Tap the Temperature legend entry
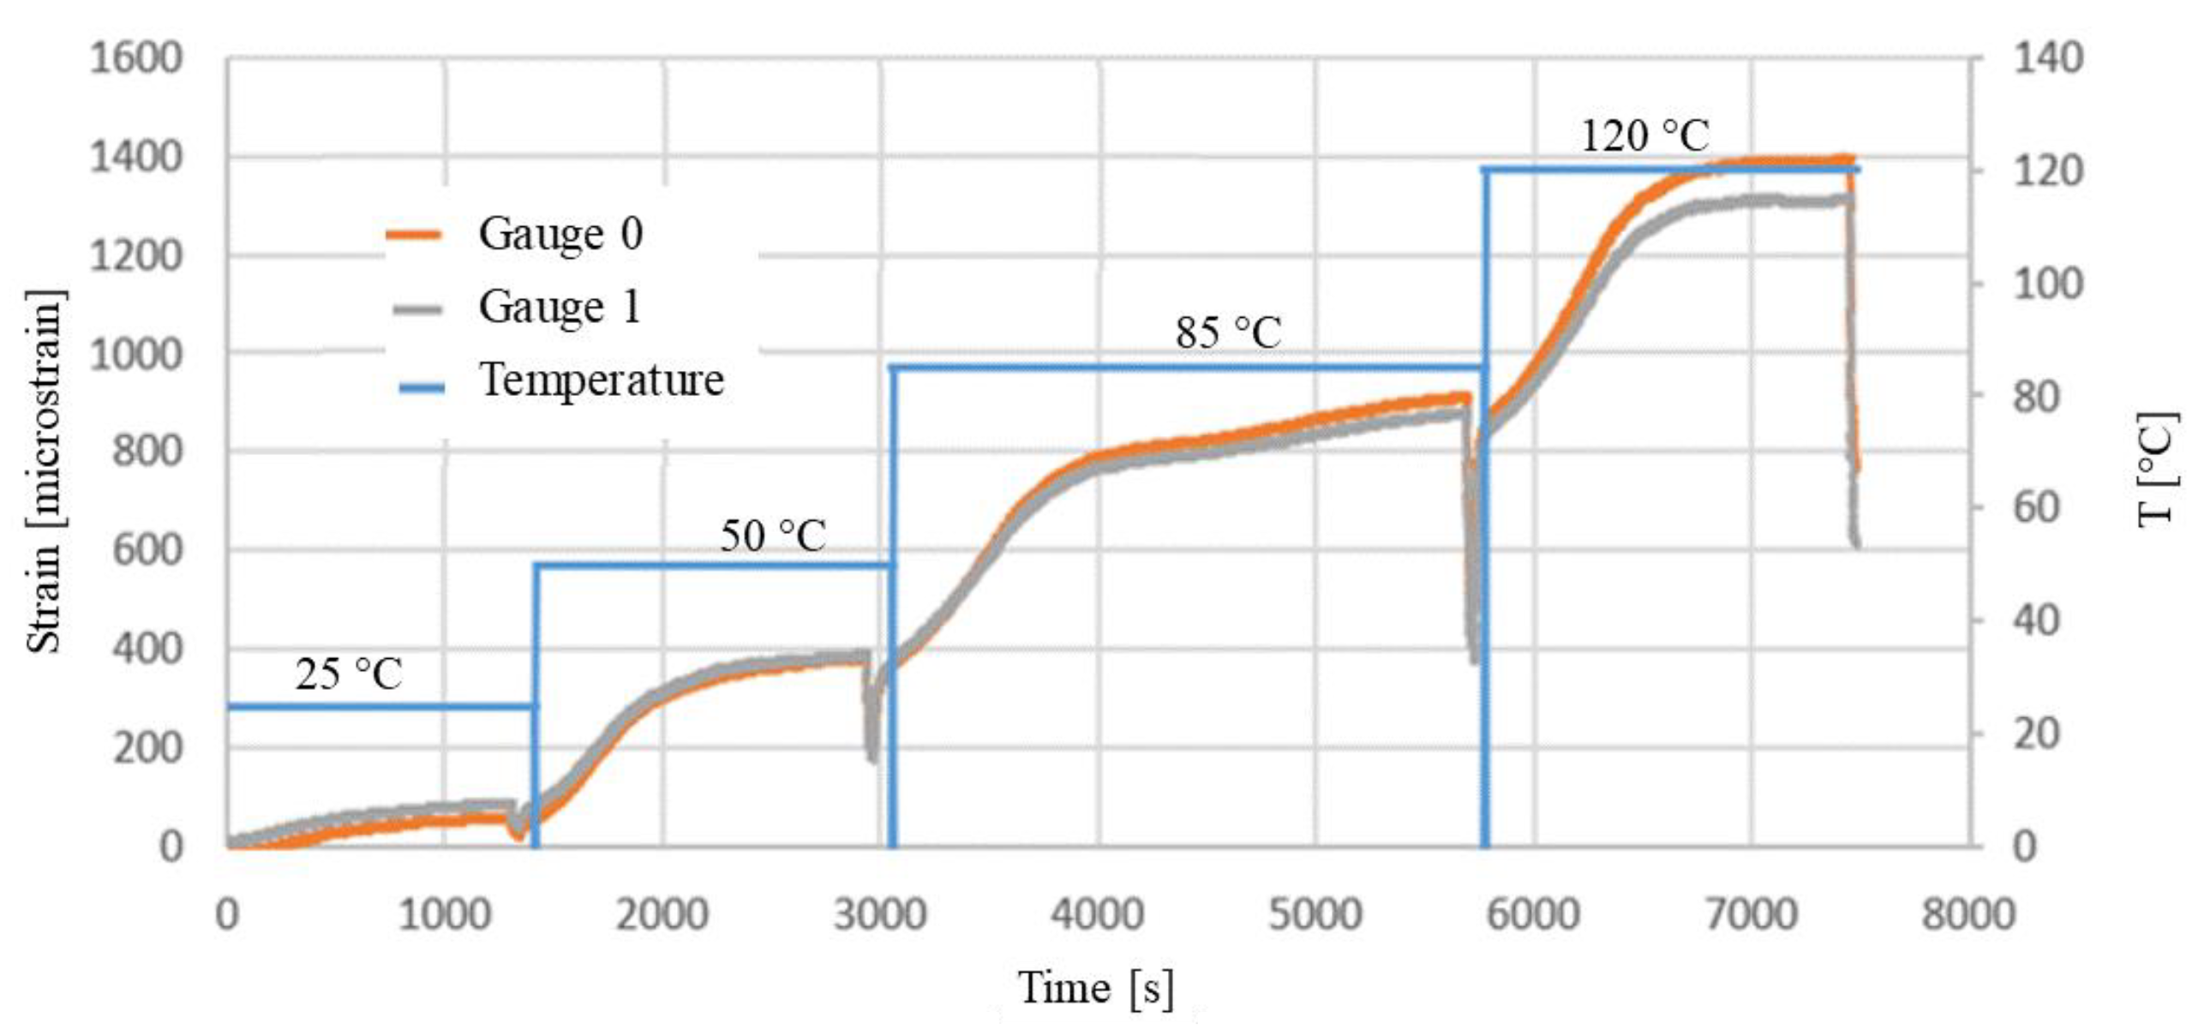click(601, 380)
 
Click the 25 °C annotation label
click(349, 674)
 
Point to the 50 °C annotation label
click(773, 536)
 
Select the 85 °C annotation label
click(1228, 332)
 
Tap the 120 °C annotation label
click(1644, 136)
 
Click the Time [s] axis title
click(1095, 988)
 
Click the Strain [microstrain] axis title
click(45, 471)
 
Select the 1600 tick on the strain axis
click(137, 59)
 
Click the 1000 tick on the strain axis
click(137, 355)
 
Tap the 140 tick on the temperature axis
click(2047, 59)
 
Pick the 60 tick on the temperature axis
click(2036, 508)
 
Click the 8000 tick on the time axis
click(1967, 914)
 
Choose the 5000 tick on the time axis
click(1315, 914)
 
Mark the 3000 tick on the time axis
click(880, 914)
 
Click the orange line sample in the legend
click(414, 234)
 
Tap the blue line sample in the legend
click(422, 387)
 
